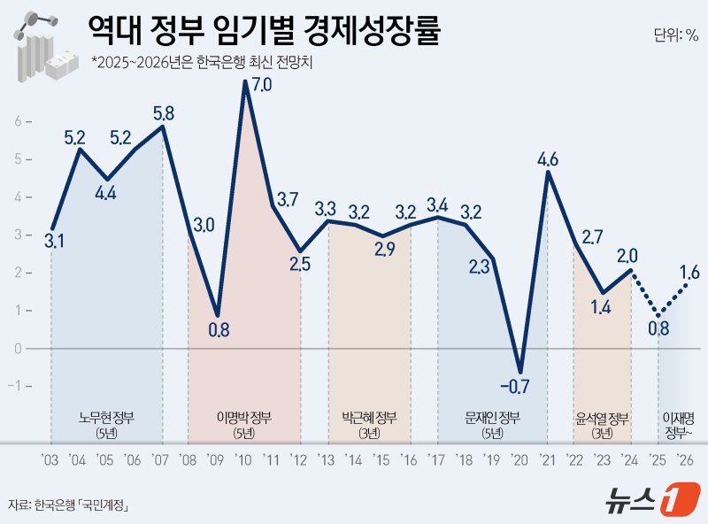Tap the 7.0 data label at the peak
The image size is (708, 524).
pyautogui.click(x=262, y=85)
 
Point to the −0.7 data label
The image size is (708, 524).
pyautogui.click(x=513, y=385)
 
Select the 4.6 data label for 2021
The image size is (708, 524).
pyautogui.click(x=548, y=160)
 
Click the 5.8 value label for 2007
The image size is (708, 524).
pyautogui.click(x=163, y=113)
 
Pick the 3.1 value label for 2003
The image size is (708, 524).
pyautogui.click(x=54, y=240)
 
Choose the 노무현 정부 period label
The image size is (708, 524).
pyautogui.click(x=106, y=418)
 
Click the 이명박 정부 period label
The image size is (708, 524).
pyautogui.click(x=244, y=418)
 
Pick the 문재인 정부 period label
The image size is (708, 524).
pyautogui.click(x=493, y=418)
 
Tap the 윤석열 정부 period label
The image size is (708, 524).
pyautogui.click(x=602, y=418)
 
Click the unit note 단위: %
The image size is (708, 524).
pyautogui.click(x=676, y=35)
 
